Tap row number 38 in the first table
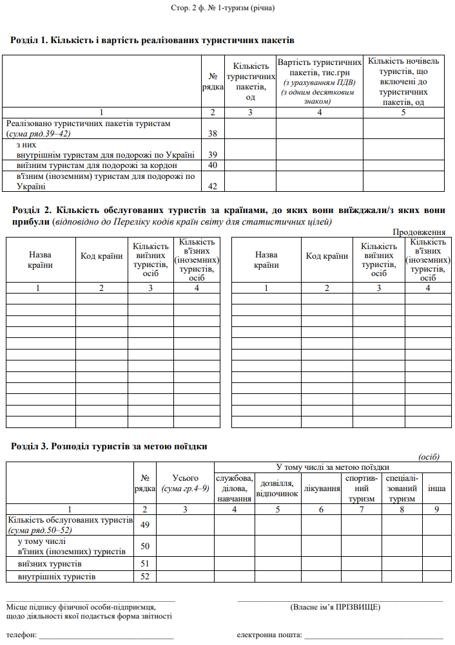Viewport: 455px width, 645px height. point(212,133)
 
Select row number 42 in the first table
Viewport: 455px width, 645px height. point(212,187)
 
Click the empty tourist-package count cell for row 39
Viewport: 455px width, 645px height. point(250,149)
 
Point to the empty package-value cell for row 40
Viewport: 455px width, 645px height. point(319,165)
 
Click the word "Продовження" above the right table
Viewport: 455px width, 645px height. point(419,232)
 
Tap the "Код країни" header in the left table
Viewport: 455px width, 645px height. point(101,256)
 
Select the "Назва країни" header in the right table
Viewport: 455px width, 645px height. point(266,260)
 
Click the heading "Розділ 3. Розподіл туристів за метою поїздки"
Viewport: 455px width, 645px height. point(110,445)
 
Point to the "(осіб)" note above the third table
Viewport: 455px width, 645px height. point(429,456)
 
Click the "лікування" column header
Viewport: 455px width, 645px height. point(322,489)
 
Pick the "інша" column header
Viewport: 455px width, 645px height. point(437,489)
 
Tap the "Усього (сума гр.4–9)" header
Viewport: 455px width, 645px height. point(186,483)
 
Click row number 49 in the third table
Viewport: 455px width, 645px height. point(144,525)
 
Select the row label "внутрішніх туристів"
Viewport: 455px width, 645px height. point(57,576)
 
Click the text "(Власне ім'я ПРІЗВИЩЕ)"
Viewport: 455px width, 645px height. point(335,607)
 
